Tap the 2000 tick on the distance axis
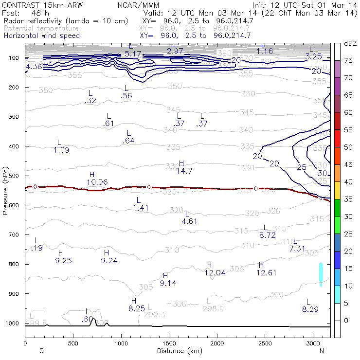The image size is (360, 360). click(217, 343)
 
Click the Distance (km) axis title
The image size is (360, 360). click(177, 351)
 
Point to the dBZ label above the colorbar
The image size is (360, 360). click(350, 43)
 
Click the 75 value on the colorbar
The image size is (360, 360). click(349, 60)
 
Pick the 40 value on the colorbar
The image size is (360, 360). click(349, 181)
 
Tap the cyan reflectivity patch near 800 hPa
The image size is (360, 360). click(321, 274)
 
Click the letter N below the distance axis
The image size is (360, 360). click(322, 351)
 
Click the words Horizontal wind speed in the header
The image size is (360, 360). click(42, 36)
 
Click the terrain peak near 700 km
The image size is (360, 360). click(92, 319)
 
